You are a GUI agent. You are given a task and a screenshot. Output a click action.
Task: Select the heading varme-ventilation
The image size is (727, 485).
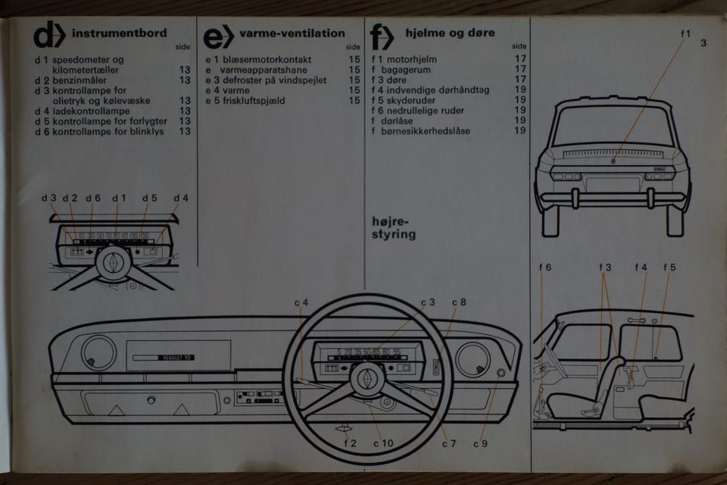tap(292, 33)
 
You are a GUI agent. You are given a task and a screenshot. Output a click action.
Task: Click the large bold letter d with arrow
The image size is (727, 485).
tap(48, 36)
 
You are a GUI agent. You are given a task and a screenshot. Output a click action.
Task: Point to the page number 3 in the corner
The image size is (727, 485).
tap(704, 42)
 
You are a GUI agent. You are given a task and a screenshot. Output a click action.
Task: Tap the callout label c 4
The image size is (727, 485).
tap(301, 303)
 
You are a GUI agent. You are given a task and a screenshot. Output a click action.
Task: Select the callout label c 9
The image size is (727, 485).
tap(480, 443)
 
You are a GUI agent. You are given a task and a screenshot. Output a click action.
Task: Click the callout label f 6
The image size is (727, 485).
tap(545, 267)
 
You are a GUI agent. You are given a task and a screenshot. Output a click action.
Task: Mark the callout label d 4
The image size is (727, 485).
tap(181, 199)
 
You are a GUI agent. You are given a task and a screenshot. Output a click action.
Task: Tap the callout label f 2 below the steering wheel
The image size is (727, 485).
tap(350, 443)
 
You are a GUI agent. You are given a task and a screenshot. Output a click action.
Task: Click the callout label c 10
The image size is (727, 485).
tap(383, 443)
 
